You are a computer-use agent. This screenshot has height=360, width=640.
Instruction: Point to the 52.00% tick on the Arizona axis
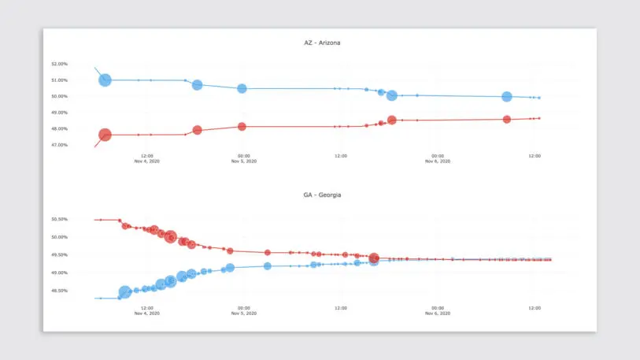tap(59, 63)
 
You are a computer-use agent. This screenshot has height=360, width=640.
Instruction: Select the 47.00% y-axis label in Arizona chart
tap(59, 145)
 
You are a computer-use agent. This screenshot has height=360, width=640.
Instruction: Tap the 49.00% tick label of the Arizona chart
tap(59, 113)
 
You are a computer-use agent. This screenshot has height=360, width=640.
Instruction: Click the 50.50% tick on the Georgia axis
tap(59, 219)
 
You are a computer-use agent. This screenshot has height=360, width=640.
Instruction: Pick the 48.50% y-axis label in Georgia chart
tap(59, 291)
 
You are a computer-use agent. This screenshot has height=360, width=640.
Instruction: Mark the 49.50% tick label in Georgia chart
tap(59, 254)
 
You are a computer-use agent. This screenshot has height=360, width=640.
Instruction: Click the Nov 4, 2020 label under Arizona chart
tap(146, 161)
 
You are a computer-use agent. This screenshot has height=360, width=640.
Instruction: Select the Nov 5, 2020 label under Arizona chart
tap(243, 161)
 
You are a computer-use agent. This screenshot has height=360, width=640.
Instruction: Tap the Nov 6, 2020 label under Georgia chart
tap(437, 314)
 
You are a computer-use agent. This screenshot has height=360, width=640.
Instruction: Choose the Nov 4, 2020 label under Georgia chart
tap(146, 314)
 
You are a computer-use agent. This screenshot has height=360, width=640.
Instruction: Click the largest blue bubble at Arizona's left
tap(105, 80)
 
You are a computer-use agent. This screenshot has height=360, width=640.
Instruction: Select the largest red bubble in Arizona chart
tap(105, 135)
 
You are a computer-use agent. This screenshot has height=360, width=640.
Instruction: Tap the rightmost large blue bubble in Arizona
tap(507, 97)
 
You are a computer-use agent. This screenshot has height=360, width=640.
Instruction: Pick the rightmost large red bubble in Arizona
tap(507, 120)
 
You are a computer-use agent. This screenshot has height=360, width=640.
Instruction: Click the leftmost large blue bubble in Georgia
tap(124, 292)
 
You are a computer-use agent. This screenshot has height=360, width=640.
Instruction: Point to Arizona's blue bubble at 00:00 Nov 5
tap(242, 88)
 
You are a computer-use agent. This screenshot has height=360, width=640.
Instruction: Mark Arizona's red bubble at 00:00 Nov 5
tap(242, 126)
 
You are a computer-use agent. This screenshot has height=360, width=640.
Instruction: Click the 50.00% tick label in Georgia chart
tap(59, 237)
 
